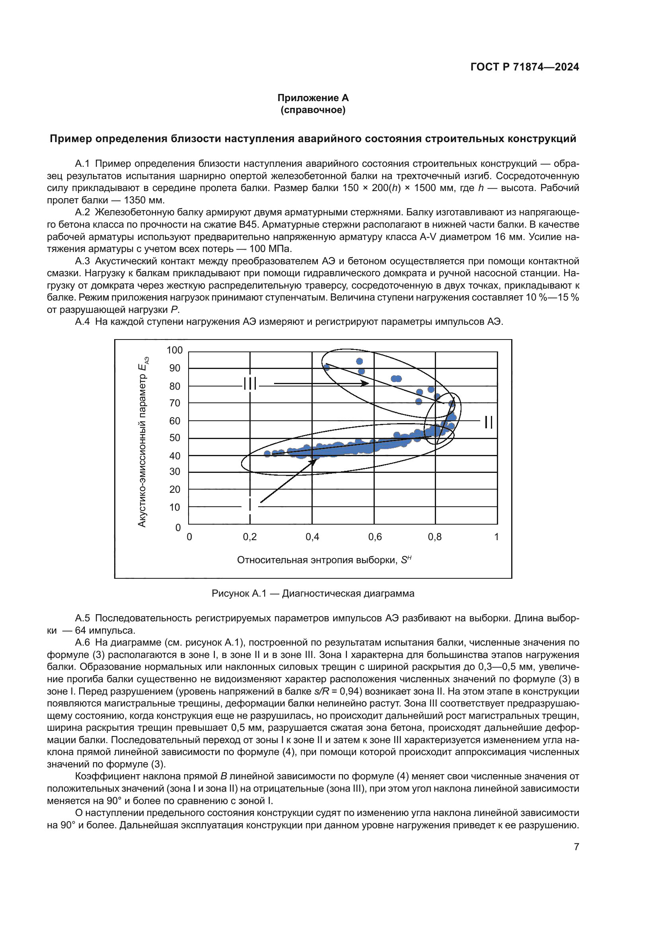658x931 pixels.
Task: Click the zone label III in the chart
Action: coord(250,383)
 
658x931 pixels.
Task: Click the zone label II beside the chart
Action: coord(489,422)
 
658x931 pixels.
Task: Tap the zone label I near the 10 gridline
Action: coord(250,505)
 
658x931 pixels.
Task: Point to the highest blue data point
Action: coord(359,361)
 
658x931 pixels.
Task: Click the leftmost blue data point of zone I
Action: coord(267,454)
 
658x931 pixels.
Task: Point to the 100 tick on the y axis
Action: coord(175,350)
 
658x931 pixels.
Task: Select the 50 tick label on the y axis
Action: coord(175,437)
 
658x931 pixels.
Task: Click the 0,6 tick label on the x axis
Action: coord(375,537)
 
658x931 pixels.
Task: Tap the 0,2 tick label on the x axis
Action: coord(250,537)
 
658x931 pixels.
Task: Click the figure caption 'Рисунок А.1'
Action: coord(239,593)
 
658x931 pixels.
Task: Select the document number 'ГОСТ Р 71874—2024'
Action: coord(524,67)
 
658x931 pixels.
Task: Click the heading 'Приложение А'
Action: coord(313,98)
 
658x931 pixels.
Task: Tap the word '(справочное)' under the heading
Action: coord(313,110)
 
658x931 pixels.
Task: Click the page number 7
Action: coord(576,847)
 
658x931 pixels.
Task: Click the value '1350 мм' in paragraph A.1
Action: coord(144,200)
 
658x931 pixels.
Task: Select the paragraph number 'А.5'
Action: coord(82,618)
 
